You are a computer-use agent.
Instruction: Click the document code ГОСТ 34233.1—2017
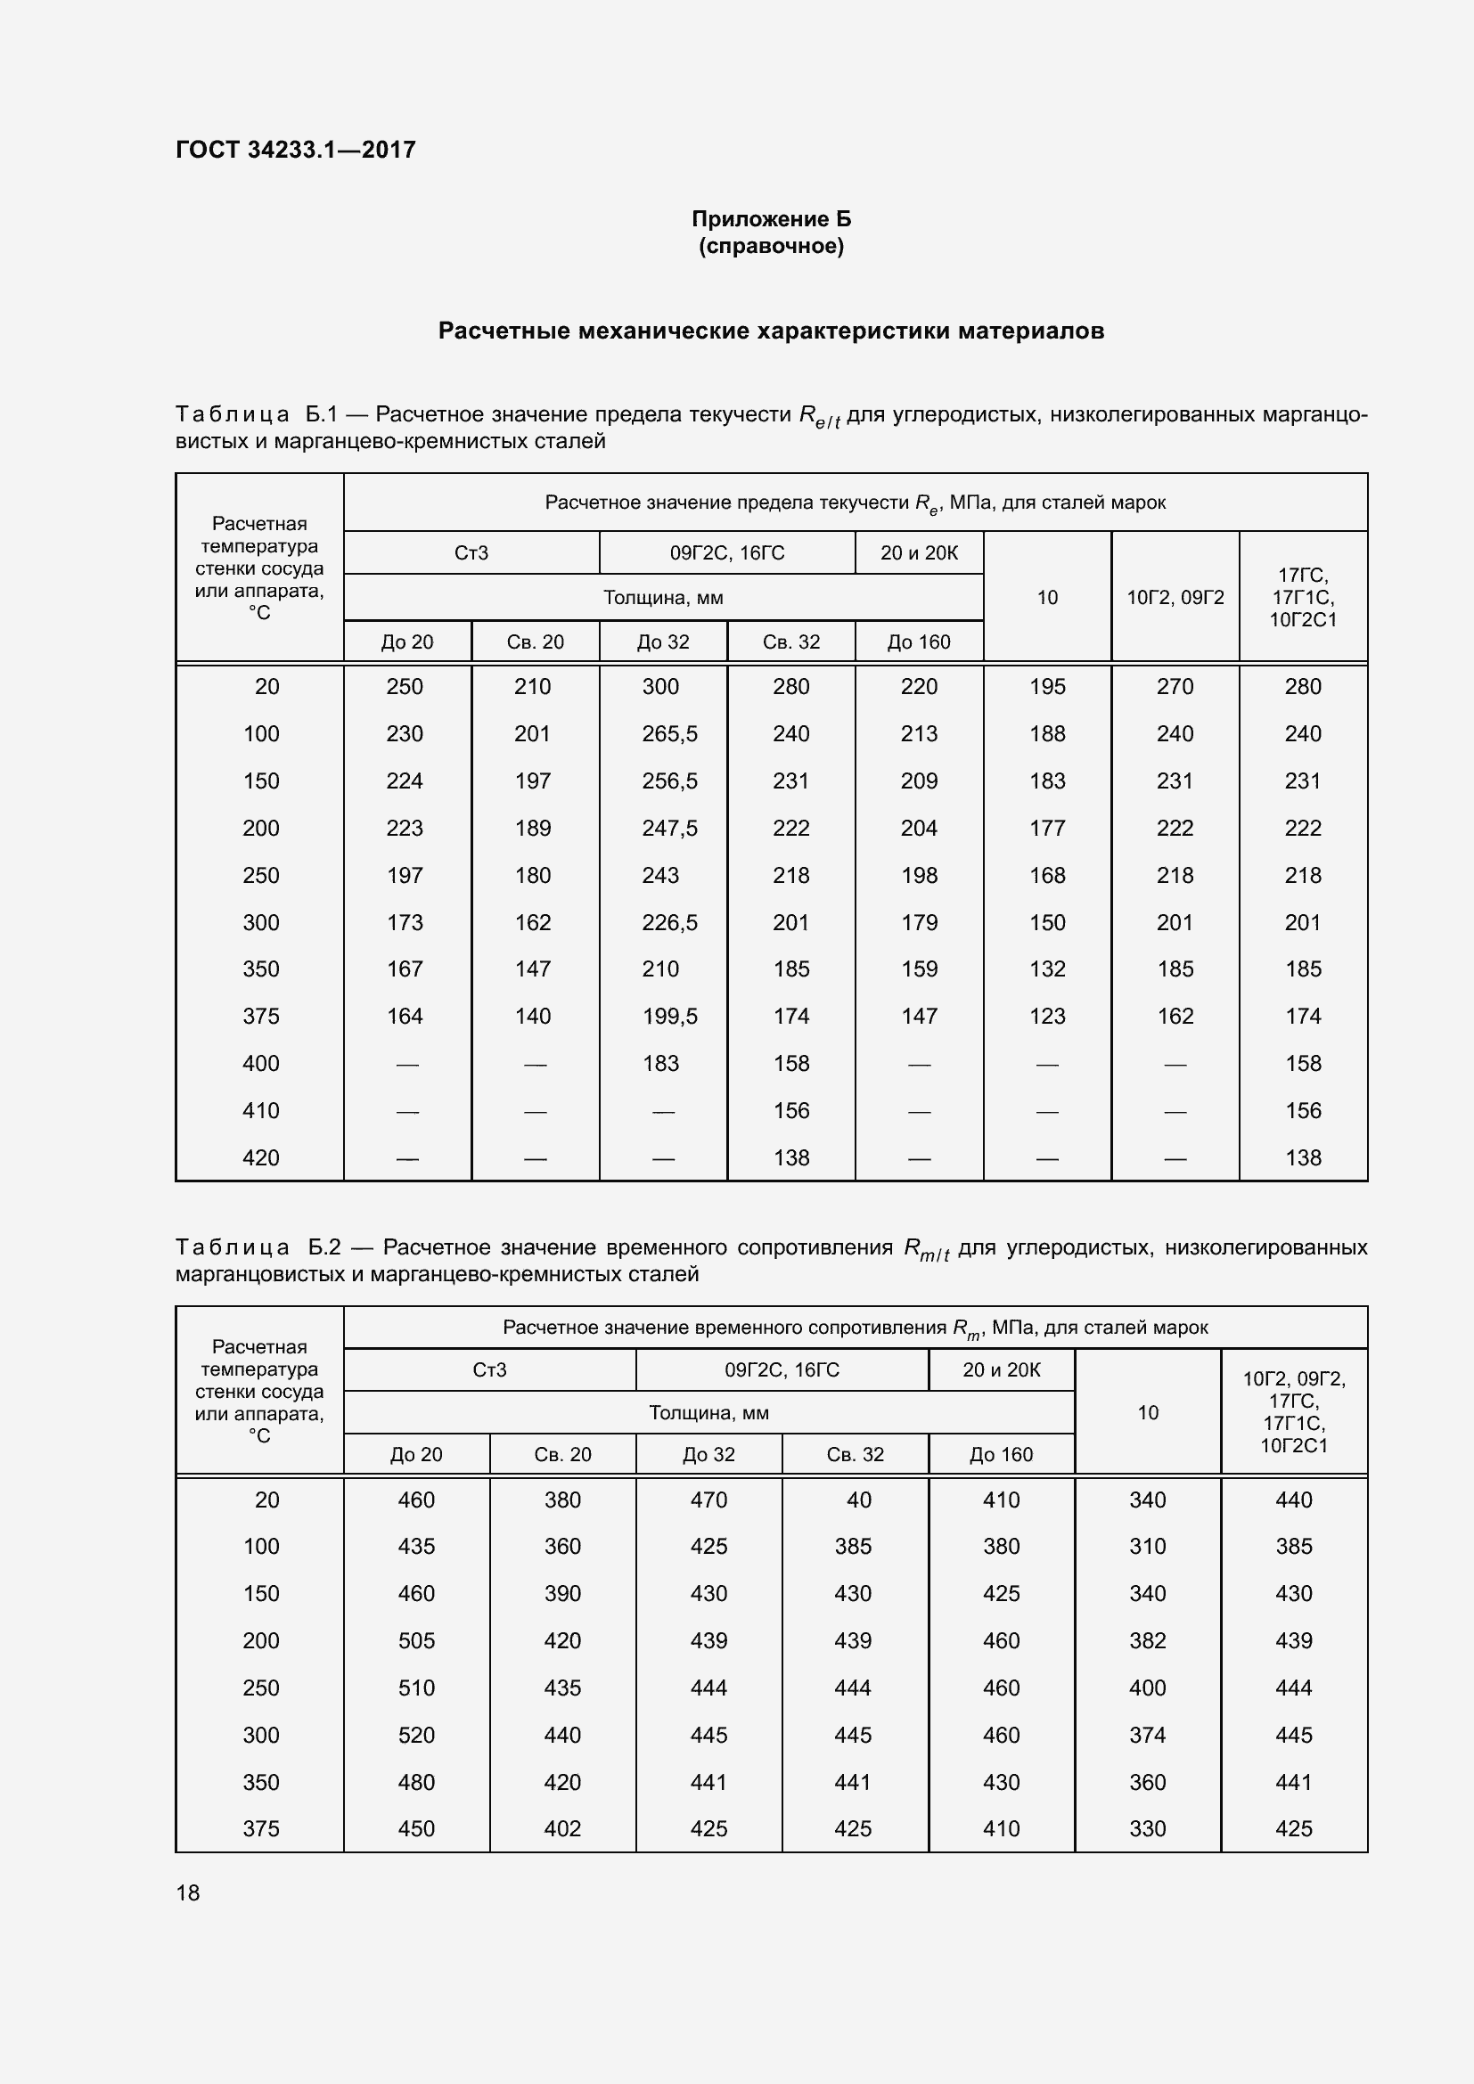(x=295, y=150)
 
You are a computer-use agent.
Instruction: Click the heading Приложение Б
(x=771, y=219)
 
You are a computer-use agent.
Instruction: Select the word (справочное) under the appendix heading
(x=771, y=246)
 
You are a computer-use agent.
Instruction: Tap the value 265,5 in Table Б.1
(x=669, y=733)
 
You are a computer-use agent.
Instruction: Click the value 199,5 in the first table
(x=669, y=1016)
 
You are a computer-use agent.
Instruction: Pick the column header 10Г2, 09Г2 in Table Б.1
(x=1175, y=597)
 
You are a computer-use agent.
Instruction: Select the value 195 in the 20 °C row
(x=1046, y=686)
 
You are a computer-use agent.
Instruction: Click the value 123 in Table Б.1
(x=1046, y=1016)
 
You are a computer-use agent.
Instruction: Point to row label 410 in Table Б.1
(x=260, y=1110)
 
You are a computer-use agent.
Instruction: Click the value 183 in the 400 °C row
(x=659, y=1063)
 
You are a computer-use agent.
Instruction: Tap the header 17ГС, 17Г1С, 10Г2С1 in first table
(x=1303, y=597)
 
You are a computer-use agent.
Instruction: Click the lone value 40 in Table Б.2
(x=857, y=1500)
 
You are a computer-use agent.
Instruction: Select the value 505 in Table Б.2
(x=415, y=1640)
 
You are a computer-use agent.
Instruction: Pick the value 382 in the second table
(x=1147, y=1640)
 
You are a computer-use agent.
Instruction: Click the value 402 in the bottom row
(x=561, y=1828)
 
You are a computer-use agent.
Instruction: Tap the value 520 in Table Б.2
(x=415, y=1735)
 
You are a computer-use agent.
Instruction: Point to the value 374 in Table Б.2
(x=1147, y=1735)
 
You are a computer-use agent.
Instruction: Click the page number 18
(x=188, y=1892)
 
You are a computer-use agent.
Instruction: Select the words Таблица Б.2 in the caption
(x=257, y=1247)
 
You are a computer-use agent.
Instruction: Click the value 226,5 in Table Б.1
(x=669, y=922)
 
